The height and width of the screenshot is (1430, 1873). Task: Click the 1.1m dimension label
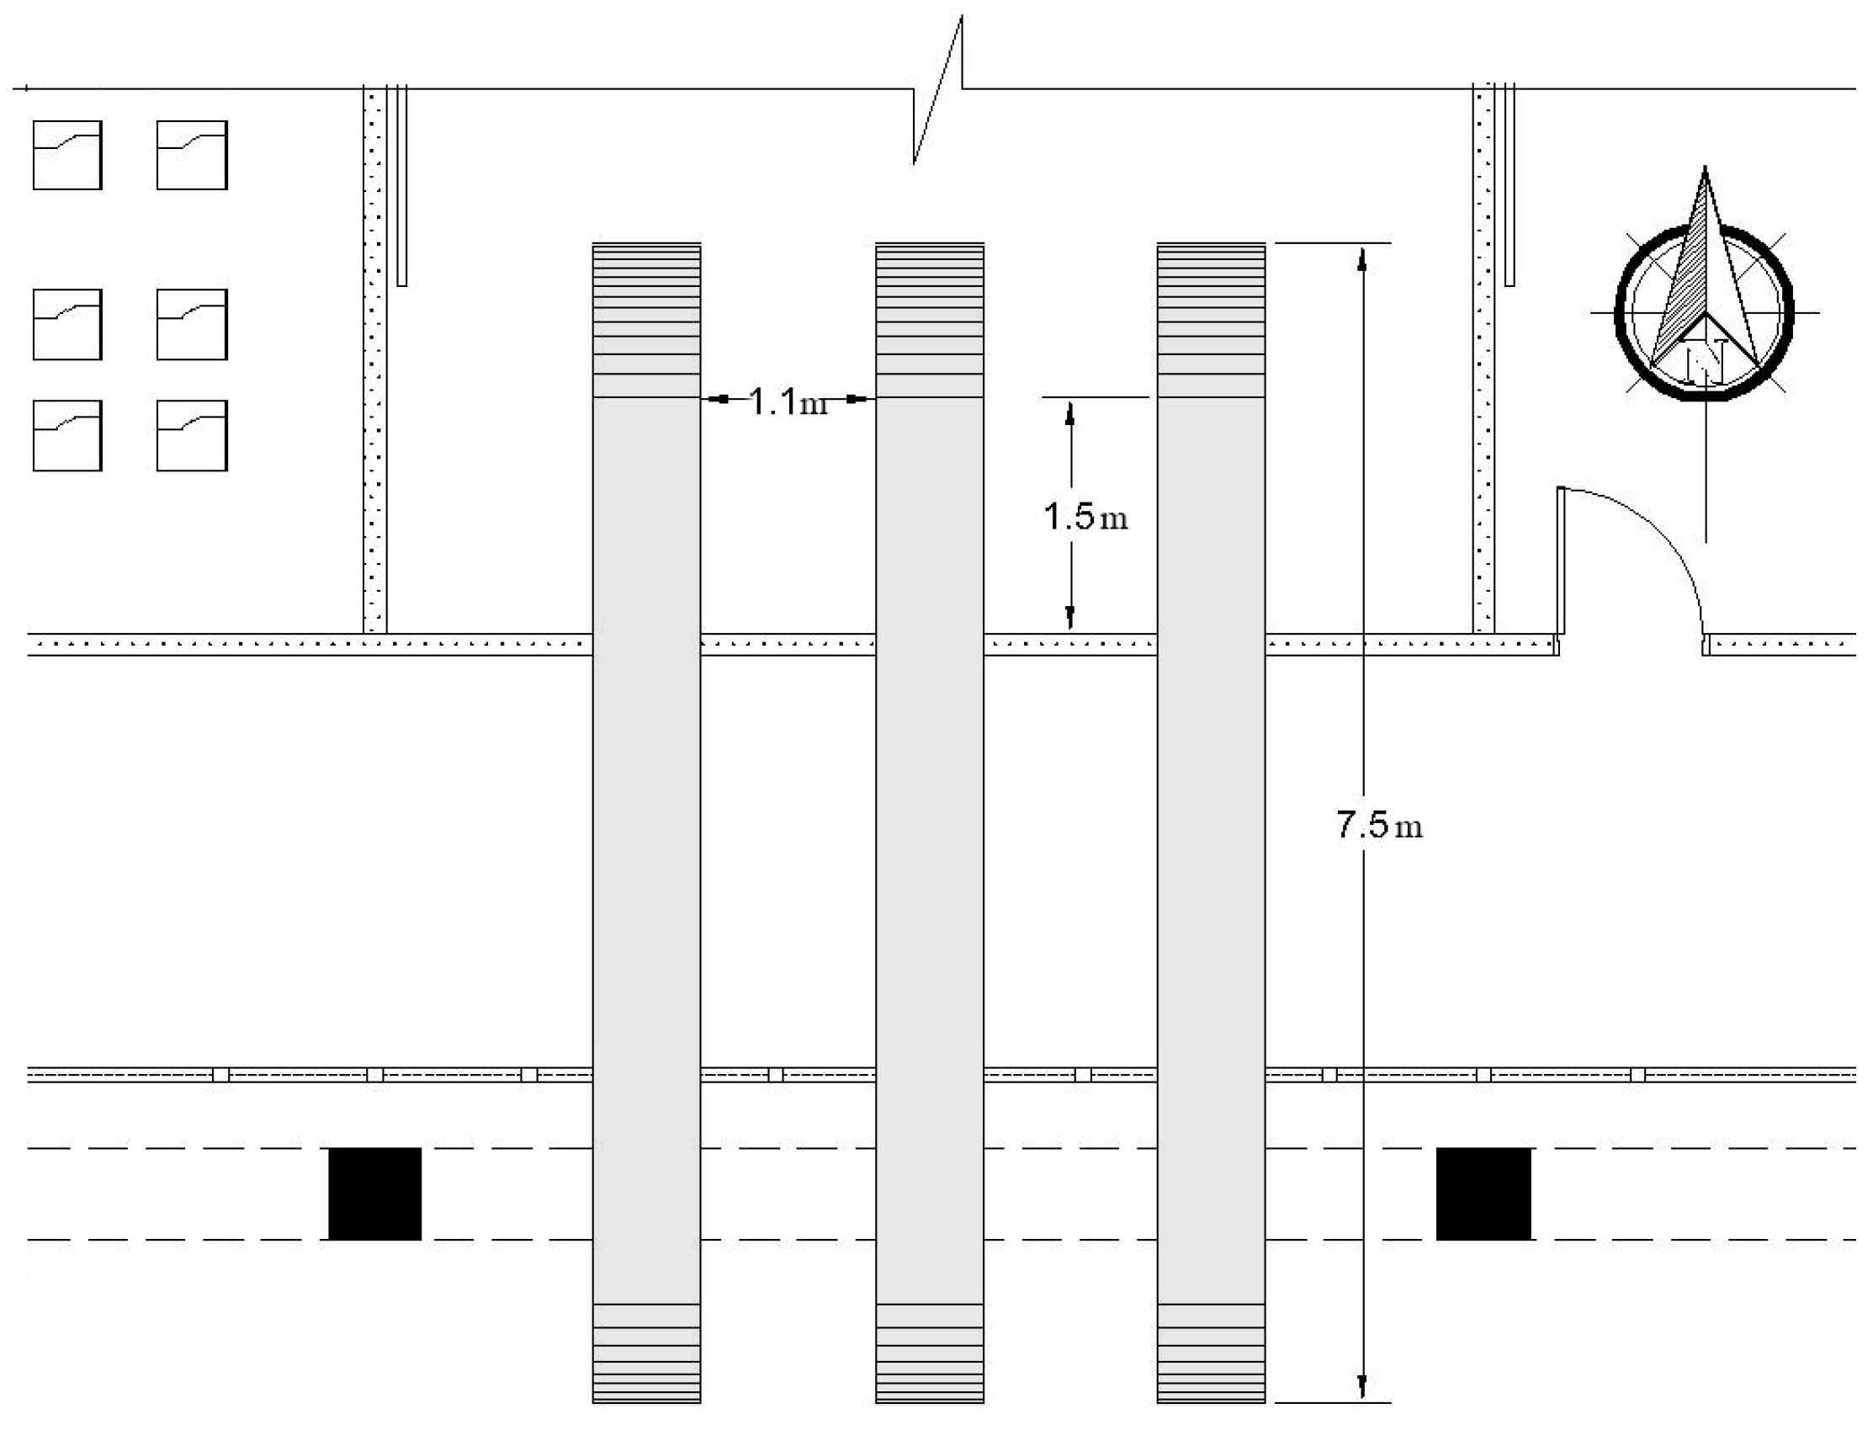(788, 401)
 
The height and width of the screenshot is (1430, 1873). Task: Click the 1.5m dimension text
(1085, 516)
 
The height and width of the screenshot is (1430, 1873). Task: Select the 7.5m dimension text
(1378, 824)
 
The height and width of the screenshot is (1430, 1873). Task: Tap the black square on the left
(374, 1193)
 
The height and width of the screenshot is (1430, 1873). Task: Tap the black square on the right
(1483, 1193)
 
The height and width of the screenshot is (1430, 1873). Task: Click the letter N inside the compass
(1705, 360)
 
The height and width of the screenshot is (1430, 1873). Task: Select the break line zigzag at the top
(938, 89)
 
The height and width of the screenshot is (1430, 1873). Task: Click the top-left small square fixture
(67, 155)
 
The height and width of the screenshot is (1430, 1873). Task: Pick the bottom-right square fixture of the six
(192, 435)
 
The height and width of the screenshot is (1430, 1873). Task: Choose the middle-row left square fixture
(67, 324)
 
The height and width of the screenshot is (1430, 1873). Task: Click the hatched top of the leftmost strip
(647, 319)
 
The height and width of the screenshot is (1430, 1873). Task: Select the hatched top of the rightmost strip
(1211, 319)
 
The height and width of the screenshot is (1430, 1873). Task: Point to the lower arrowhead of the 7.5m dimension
(1362, 1387)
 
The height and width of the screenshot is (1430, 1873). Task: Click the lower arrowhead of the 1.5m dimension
(1070, 617)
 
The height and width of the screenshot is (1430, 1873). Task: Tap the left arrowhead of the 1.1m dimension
(718, 398)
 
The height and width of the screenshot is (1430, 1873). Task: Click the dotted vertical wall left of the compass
(1483, 358)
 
